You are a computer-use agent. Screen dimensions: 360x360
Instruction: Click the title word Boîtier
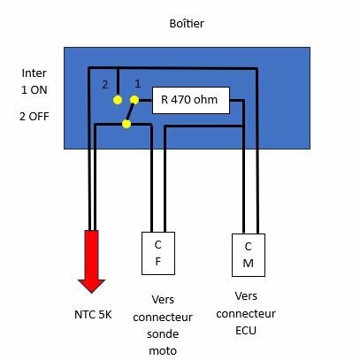click(x=187, y=23)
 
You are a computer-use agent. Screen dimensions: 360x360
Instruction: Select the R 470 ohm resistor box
click(x=191, y=100)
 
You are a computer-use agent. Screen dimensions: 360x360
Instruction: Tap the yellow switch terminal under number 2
click(x=118, y=100)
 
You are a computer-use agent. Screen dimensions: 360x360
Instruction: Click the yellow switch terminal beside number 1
click(x=134, y=100)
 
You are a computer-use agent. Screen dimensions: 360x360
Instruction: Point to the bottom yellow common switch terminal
click(x=126, y=124)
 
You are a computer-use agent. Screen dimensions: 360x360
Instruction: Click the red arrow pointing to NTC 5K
click(x=92, y=262)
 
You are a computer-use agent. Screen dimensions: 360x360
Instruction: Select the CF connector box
click(x=158, y=253)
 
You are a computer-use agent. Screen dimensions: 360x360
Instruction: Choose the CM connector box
click(x=249, y=255)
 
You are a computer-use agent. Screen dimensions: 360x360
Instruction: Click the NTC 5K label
click(x=93, y=315)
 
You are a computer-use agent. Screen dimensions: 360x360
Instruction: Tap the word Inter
click(x=34, y=73)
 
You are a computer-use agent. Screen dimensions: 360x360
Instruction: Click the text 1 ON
click(x=34, y=90)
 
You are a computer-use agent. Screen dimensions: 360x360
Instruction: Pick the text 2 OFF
click(x=34, y=117)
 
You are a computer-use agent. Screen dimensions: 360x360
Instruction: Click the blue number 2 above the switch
click(x=105, y=85)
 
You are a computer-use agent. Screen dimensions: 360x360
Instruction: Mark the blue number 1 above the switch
click(x=138, y=84)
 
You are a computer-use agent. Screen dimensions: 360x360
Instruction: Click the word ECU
click(x=246, y=331)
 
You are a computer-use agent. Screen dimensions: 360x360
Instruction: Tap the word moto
click(x=163, y=351)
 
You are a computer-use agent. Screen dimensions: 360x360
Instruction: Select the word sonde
click(x=163, y=334)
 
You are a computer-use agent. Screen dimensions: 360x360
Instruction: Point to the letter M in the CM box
click(x=249, y=263)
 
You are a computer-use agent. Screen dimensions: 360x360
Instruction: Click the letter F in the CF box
click(x=158, y=261)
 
